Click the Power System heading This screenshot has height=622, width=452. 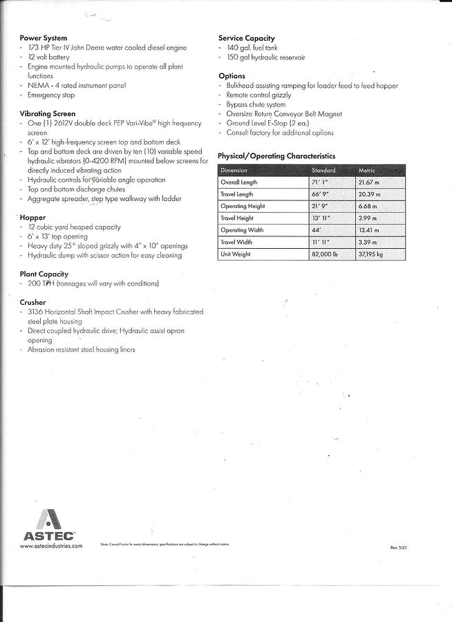coord(43,38)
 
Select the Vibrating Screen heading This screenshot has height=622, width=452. coord(48,113)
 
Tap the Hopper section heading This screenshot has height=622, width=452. coord(33,218)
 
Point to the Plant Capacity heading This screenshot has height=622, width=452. coord(44,274)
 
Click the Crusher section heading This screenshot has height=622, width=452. coord(33,303)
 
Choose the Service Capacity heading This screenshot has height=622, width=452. coord(247,38)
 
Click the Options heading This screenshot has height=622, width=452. coord(232,76)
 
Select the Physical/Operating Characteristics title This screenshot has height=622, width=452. coord(276,156)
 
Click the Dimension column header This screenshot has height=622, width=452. coord(235,170)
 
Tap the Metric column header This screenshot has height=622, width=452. coord(367,170)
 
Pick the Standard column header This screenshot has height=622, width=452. coord(323,170)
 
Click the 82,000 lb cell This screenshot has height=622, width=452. coord(325,254)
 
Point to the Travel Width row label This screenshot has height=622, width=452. coord(237,243)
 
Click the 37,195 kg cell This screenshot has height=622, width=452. coord(371,254)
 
